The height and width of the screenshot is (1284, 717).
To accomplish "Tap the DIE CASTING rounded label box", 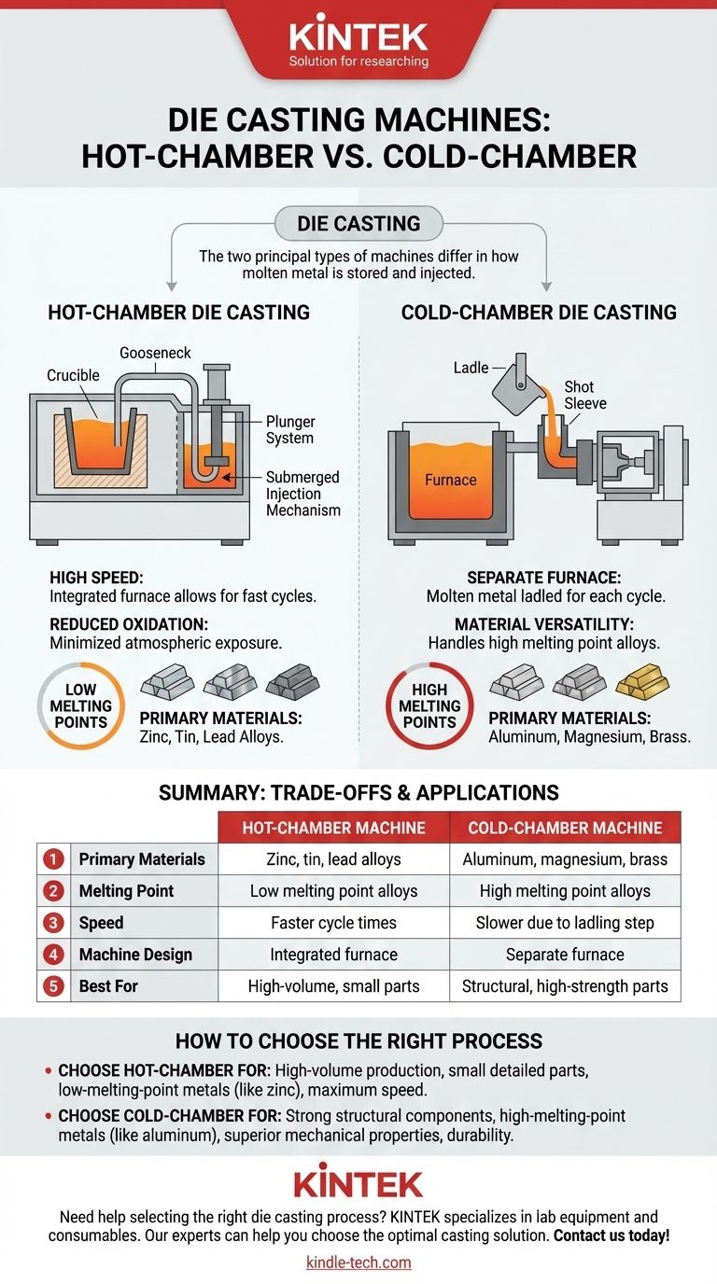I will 358,224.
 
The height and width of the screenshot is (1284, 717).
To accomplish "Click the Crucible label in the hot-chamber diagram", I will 73,375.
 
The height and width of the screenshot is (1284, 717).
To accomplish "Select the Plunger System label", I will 289,430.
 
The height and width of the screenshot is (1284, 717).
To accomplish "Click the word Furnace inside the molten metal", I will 451,480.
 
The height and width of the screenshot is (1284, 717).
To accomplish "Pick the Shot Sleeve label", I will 584,395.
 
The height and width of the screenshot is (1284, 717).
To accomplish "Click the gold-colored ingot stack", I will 642,684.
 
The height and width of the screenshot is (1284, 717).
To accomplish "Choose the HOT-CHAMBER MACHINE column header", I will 333,828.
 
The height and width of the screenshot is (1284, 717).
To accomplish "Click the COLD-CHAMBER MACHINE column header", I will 565,828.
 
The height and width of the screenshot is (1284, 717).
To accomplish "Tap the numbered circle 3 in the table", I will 54,922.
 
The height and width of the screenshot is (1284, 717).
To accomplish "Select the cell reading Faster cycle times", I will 333,922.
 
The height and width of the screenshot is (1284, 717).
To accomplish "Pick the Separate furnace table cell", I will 565,954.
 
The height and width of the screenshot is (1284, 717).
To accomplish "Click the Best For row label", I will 108,985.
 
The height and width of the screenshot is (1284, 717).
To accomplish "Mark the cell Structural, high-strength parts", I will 565,985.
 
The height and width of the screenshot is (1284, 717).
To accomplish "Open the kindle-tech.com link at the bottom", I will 358,1263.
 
